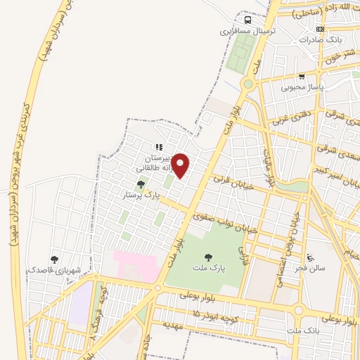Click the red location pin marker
pos(181,165)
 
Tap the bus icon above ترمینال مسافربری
pos(247,20)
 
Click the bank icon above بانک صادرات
pos(321,30)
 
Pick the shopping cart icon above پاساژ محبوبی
pos(302,77)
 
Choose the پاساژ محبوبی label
pos(301,87)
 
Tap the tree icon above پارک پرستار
pos(141,184)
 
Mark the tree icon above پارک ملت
pos(207,257)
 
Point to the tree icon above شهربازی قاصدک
pos(55,259)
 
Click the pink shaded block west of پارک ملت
pos(136,266)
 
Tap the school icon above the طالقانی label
pos(159,148)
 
